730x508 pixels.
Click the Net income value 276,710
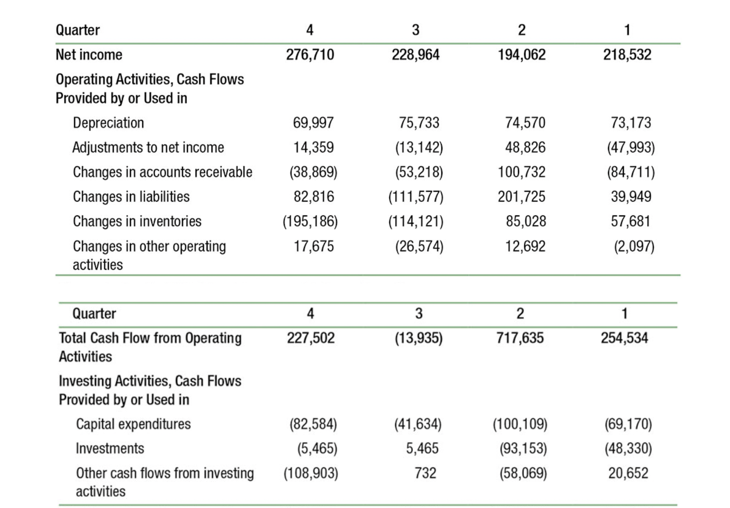click(x=310, y=55)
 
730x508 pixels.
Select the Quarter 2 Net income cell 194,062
click(x=521, y=55)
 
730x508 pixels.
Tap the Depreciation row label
click(x=108, y=123)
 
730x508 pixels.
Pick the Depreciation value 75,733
click(x=419, y=123)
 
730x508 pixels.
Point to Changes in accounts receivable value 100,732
click(x=521, y=172)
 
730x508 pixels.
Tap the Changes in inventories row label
click(x=137, y=221)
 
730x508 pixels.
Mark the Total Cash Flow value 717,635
click(x=520, y=338)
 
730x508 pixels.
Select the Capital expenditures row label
click(x=133, y=424)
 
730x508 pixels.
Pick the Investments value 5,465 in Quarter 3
click(x=422, y=448)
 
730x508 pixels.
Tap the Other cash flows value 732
click(x=425, y=473)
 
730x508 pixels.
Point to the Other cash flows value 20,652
click(x=628, y=473)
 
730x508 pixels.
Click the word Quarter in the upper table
click(x=78, y=30)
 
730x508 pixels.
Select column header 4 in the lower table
click(x=310, y=313)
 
